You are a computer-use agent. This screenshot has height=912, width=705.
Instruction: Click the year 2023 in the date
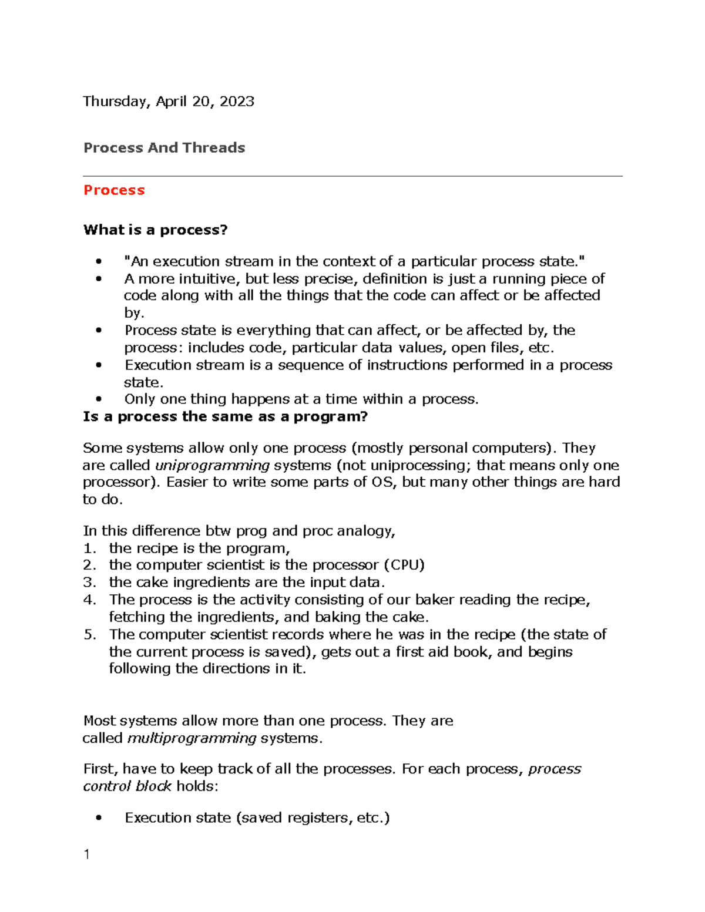(237, 102)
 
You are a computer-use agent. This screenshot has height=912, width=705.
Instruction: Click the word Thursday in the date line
(115, 102)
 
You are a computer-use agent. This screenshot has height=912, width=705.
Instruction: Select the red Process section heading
(114, 190)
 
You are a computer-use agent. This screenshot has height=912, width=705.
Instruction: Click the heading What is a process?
(155, 230)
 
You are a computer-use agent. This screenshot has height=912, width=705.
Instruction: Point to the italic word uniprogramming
(212, 466)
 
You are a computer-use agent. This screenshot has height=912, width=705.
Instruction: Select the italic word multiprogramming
(192, 738)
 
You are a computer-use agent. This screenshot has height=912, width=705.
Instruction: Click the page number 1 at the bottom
(87, 854)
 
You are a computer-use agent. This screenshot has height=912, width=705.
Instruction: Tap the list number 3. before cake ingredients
(89, 583)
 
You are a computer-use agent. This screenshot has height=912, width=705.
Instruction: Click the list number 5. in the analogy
(89, 634)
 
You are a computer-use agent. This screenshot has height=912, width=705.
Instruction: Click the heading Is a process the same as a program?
(225, 417)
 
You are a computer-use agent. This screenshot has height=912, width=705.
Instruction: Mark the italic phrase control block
(127, 786)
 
